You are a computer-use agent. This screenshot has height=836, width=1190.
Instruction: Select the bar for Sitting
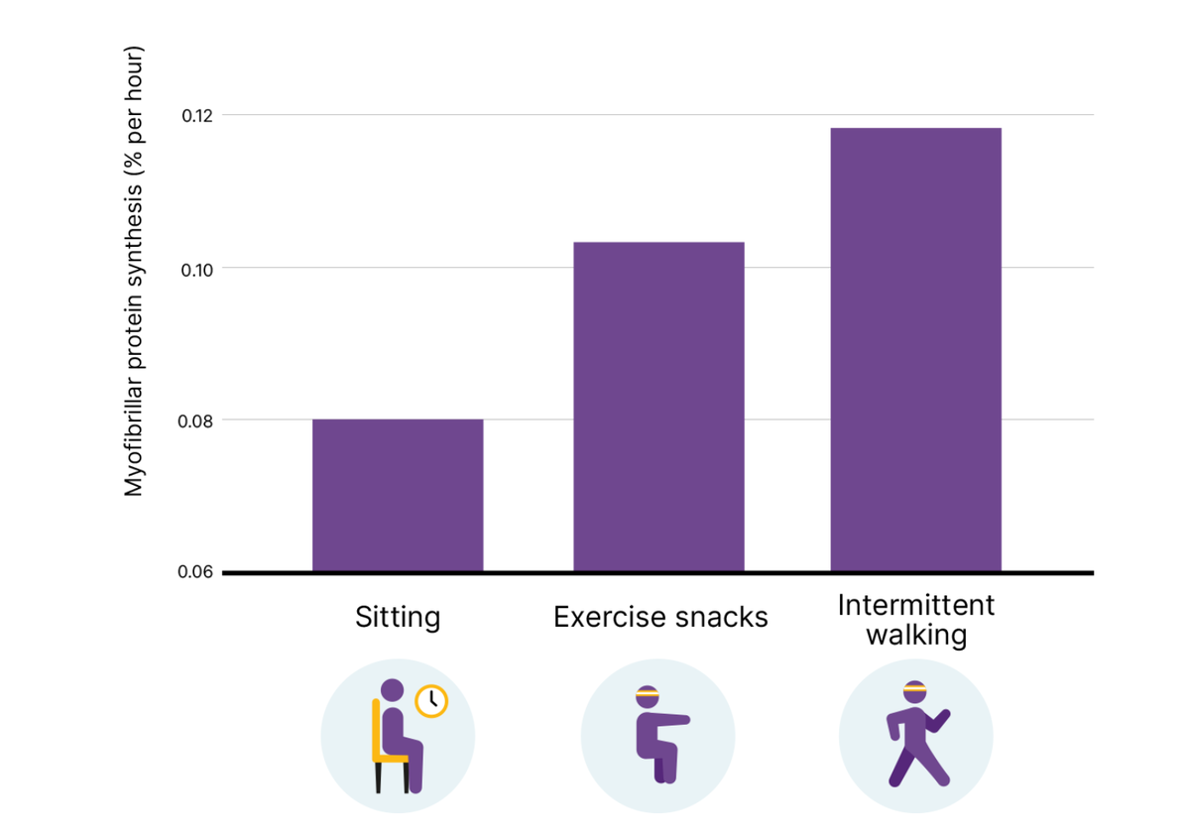pos(398,495)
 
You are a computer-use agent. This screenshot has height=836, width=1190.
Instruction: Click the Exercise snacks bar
pos(658,407)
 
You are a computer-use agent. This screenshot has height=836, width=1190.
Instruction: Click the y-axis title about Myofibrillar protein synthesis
pos(135,271)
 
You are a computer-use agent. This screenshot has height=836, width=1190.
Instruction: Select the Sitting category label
pos(398,617)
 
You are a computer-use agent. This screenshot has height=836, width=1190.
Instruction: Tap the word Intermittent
pos(915,604)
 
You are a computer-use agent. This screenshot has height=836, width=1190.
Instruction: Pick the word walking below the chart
pos(915,634)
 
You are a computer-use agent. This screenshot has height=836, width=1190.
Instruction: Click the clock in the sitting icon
pos(431,700)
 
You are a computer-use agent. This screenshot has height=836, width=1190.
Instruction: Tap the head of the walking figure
pos(915,691)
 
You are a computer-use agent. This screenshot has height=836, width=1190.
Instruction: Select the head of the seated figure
pos(393,690)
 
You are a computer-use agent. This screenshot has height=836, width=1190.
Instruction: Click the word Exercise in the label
pos(598,617)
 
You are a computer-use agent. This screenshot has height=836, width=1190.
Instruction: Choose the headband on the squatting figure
pos(648,693)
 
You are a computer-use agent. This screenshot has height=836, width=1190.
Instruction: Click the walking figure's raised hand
pos(941,715)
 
